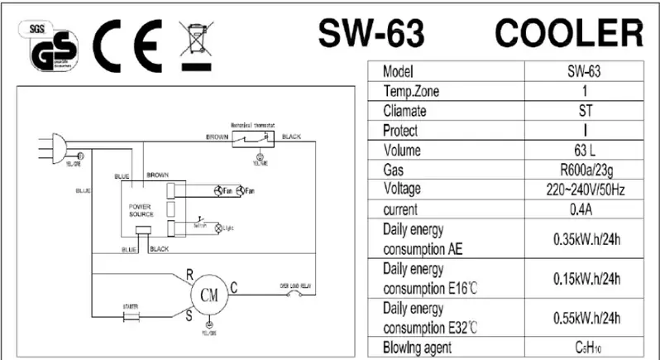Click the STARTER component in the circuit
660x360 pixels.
click(x=129, y=316)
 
